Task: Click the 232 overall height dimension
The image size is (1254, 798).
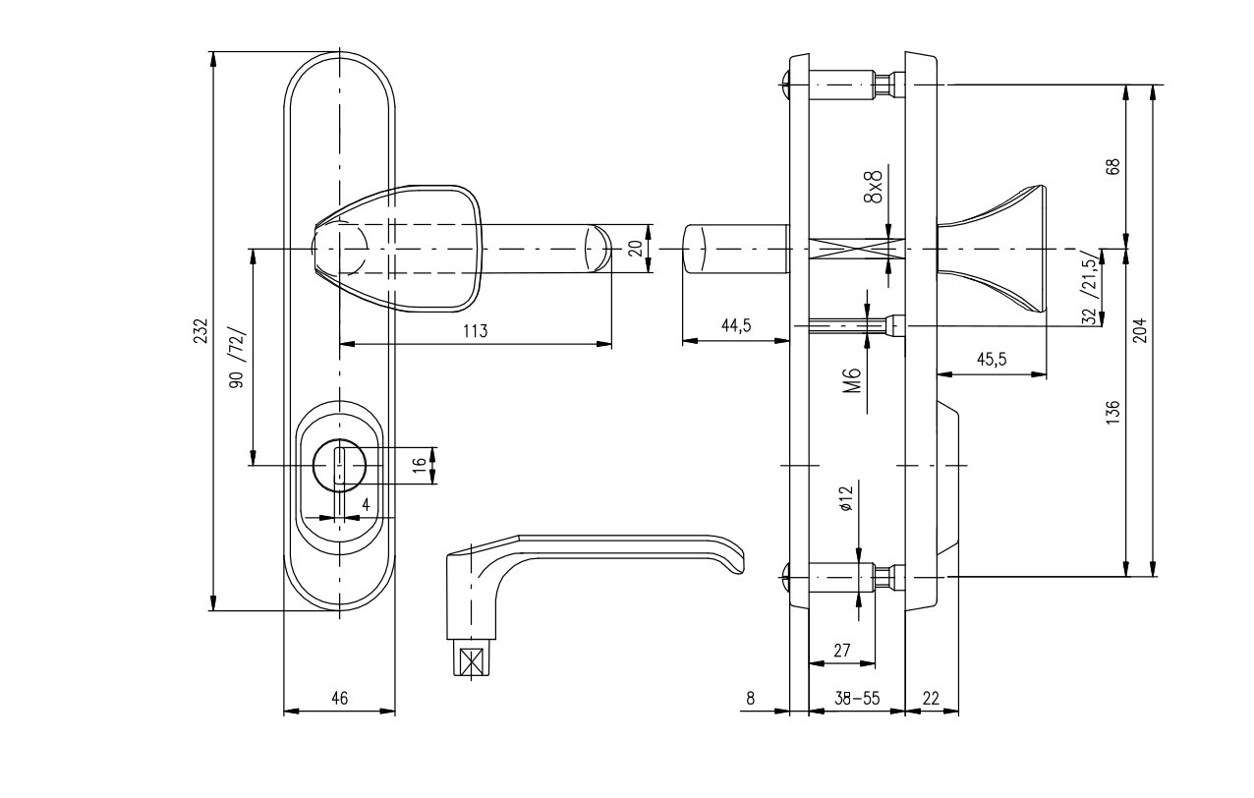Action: (202, 330)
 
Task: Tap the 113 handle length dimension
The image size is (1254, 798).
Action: (476, 331)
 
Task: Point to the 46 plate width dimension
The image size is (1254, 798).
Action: (340, 699)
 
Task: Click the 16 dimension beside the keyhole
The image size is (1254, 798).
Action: (420, 465)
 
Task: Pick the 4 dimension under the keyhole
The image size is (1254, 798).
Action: (367, 504)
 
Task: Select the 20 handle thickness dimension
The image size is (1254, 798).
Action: (636, 248)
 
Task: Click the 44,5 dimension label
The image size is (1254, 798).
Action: (736, 326)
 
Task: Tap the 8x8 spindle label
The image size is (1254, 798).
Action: (874, 187)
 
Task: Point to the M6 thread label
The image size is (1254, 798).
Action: (851, 380)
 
